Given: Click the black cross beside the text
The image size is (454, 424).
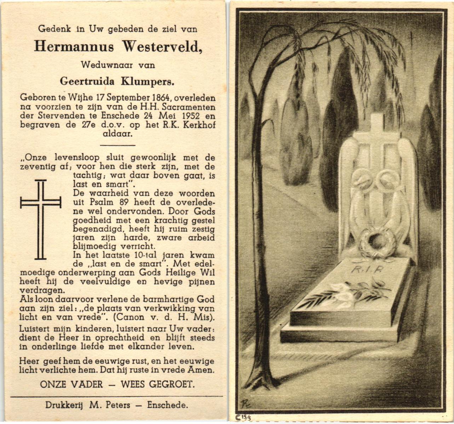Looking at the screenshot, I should pyautogui.click(x=41, y=219).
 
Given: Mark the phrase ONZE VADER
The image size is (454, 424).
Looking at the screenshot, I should pyautogui.click(x=71, y=384).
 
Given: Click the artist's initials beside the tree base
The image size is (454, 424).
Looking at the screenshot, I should pyautogui.click(x=244, y=402).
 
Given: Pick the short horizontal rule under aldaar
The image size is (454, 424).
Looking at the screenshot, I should pyautogui.click(x=118, y=145).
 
